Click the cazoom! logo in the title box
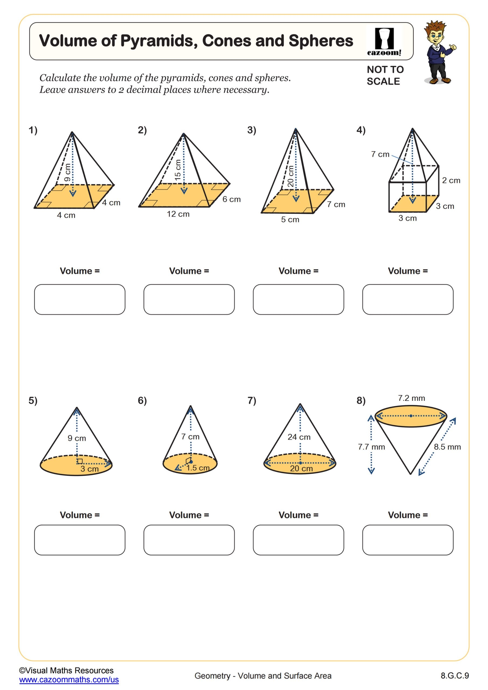pyautogui.click(x=384, y=42)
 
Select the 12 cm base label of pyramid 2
pyautogui.click(x=178, y=214)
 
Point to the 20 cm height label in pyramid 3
pyautogui.click(x=290, y=176)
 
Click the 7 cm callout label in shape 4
pyautogui.click(x=380, y=154)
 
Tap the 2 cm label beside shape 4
pyautogui.click(x=451, y=180)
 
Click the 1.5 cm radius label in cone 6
pyautogui.click(x=198, y=468)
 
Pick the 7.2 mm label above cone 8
pyautogui.click(x=411, y=398)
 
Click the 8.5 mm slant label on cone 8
pyautogui.click(x=447, y=447)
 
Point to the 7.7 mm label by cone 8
pyautogui.click(x=371, y=447)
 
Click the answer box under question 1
pyautogui.click(x=80, y=299)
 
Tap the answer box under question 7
pyautogui.click(x=298, y=540)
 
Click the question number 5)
pyautogui.click(x=33, y=400)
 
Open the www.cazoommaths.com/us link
pyautogui.click(x=69, y=679)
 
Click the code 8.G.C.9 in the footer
pyautogui.click(x=454, y=675)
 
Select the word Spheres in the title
pyautogui.click(x=321, y=41)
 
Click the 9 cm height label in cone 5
pyautogui.click(x=77, y=438)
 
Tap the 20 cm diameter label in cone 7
pyautogui.click(x=301, y=468)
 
